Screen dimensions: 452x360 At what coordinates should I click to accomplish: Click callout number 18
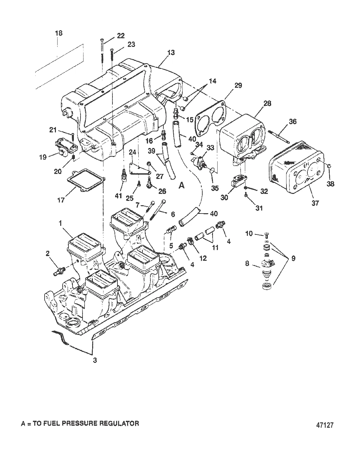59,33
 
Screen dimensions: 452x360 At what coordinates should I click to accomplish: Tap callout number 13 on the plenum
171,53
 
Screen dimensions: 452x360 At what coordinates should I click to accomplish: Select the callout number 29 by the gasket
238,85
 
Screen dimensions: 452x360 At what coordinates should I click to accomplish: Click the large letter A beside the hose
182,185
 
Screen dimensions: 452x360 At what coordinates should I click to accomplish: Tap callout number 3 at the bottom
95,360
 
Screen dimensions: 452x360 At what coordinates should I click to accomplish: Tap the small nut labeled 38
329,165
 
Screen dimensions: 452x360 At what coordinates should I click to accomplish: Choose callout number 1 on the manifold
61,224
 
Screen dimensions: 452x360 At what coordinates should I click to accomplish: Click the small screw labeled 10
267,235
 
